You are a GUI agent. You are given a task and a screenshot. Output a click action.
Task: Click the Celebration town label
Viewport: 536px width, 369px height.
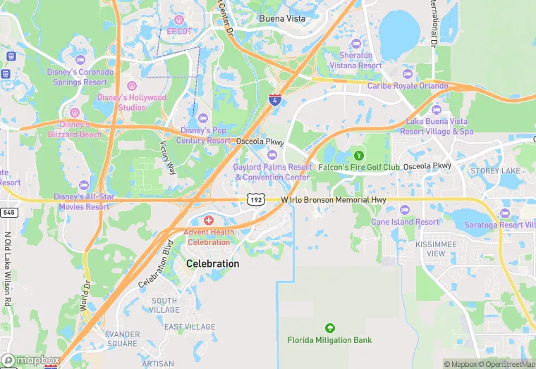point(212,263)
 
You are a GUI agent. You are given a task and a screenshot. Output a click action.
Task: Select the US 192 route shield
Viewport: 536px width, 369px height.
point(255,200)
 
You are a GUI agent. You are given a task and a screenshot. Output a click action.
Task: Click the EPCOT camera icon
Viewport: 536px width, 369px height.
point(179,20)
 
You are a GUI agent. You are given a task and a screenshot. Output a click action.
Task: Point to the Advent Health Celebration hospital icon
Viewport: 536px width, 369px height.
point(207,221)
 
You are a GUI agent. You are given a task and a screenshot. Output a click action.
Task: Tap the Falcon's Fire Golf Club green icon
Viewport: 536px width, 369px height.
point(358,155)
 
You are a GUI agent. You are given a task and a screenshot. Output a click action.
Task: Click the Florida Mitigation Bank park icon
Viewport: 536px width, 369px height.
point(329,328)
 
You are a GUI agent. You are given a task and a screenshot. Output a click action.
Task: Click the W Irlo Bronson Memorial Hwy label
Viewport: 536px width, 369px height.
point(334,200)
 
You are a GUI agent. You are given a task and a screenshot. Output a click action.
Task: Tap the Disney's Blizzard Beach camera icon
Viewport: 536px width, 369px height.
point(75,113)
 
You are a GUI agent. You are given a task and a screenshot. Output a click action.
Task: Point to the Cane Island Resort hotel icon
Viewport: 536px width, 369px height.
point(405,211)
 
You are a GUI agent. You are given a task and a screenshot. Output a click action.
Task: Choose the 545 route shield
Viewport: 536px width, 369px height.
point(8,212)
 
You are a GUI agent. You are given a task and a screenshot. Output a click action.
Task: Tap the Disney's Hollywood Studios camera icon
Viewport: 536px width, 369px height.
point(131,86)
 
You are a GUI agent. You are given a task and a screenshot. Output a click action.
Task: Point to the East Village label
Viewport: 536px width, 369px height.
point(190,327)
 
